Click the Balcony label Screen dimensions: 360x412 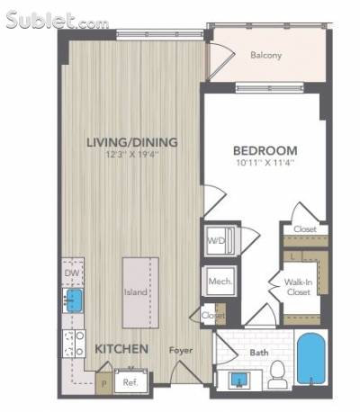265,55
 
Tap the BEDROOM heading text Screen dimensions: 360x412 265,150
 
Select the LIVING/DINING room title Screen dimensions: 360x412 132,142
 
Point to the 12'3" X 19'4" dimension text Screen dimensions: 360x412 132,155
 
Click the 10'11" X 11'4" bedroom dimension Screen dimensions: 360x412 265,164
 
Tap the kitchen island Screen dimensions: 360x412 140,292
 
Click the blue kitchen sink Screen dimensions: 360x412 72,300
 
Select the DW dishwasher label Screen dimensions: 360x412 72,273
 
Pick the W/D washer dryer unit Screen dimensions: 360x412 221,240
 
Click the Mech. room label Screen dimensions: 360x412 220,282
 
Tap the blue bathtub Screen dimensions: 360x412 310,359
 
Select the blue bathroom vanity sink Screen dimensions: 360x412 239,380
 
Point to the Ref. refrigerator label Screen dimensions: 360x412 130,383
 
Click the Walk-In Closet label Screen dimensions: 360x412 299,287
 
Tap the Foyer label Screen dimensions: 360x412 181,350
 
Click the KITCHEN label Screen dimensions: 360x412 121,349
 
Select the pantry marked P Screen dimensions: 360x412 104,383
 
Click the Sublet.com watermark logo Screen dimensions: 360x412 57,21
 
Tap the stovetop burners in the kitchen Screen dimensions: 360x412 74,344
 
